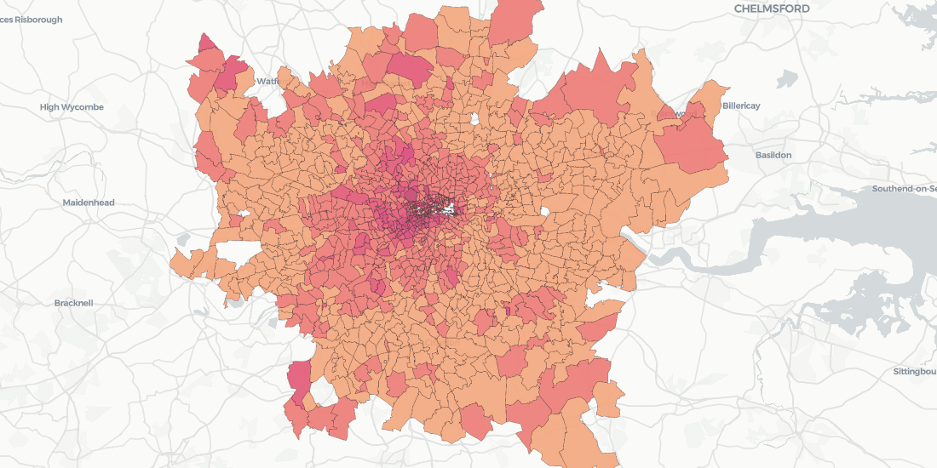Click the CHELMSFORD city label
pos(772,9)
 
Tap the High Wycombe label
pos(72,107)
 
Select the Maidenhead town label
pos(89,203)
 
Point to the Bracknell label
pos(73,303)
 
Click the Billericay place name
pos(740,106)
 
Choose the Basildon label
pos(773,155)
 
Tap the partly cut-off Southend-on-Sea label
pos(904,188)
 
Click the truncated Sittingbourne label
pos(914,372)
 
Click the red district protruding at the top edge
pos(515,21)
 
